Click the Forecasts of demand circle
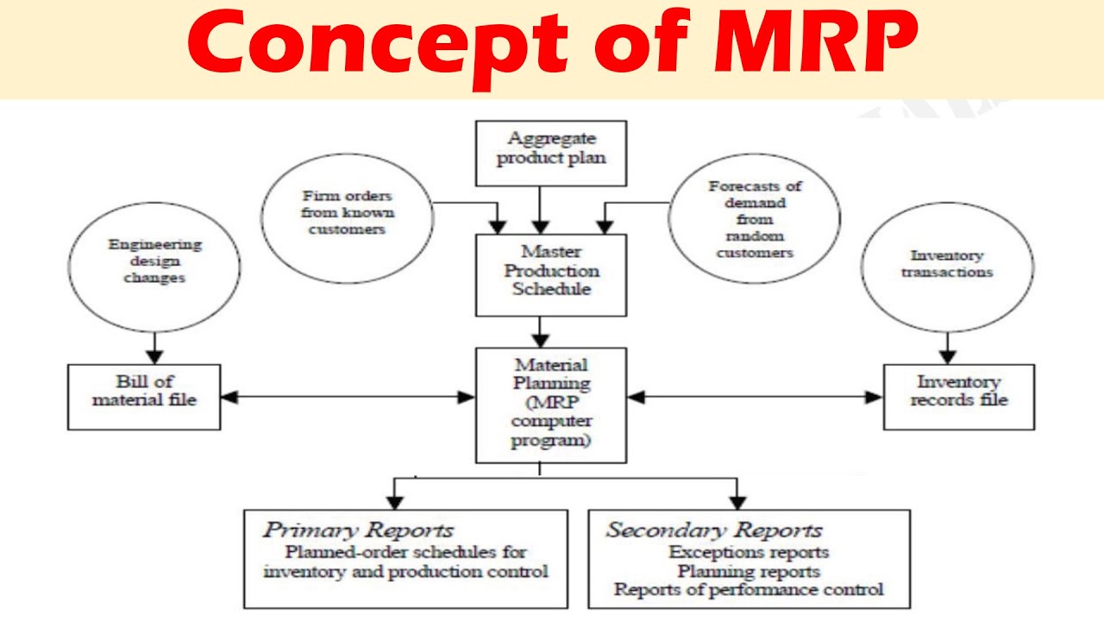(754, 219)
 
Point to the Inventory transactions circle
(947, 266)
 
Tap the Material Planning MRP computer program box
(551, 403)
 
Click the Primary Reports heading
(358, 530)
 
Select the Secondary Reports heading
(713, 530)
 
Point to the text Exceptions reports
(748, 552)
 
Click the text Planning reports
(748, 571)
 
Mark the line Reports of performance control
(748, 590)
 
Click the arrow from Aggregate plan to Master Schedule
(541, 209)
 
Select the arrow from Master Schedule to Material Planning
(541, 330)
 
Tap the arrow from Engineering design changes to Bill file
(154, 347)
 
